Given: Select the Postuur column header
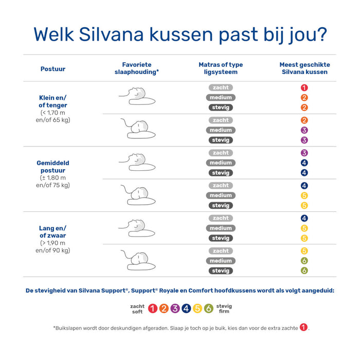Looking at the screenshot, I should [x=53, y=69].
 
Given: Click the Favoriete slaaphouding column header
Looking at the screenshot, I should [x=136, y=68].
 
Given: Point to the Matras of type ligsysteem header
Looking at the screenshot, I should [x=221, y=68].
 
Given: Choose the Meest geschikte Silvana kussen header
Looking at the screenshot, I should [x=304, y=68].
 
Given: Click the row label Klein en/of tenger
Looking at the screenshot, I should [x=53, y=101].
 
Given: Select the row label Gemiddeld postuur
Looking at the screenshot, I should [x=53, y=167].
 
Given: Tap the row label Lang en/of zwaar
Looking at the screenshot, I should [x=53, y=232].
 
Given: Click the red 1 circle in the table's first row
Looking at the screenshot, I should [x=304, y=88].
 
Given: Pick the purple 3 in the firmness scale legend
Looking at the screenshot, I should [x=175, y=309].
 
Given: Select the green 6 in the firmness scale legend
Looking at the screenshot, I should [x=208, y=309].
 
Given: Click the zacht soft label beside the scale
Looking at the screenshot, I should [x=137, y=309].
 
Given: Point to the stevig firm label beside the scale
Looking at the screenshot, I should [x=224, y=309].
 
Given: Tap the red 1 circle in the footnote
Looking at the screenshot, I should [x=304, y=328].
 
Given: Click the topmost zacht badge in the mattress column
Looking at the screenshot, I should [x=221, y=88].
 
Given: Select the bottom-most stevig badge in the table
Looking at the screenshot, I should [x=221, y=271].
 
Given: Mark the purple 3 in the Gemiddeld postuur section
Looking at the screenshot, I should [x=304, y=153].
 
